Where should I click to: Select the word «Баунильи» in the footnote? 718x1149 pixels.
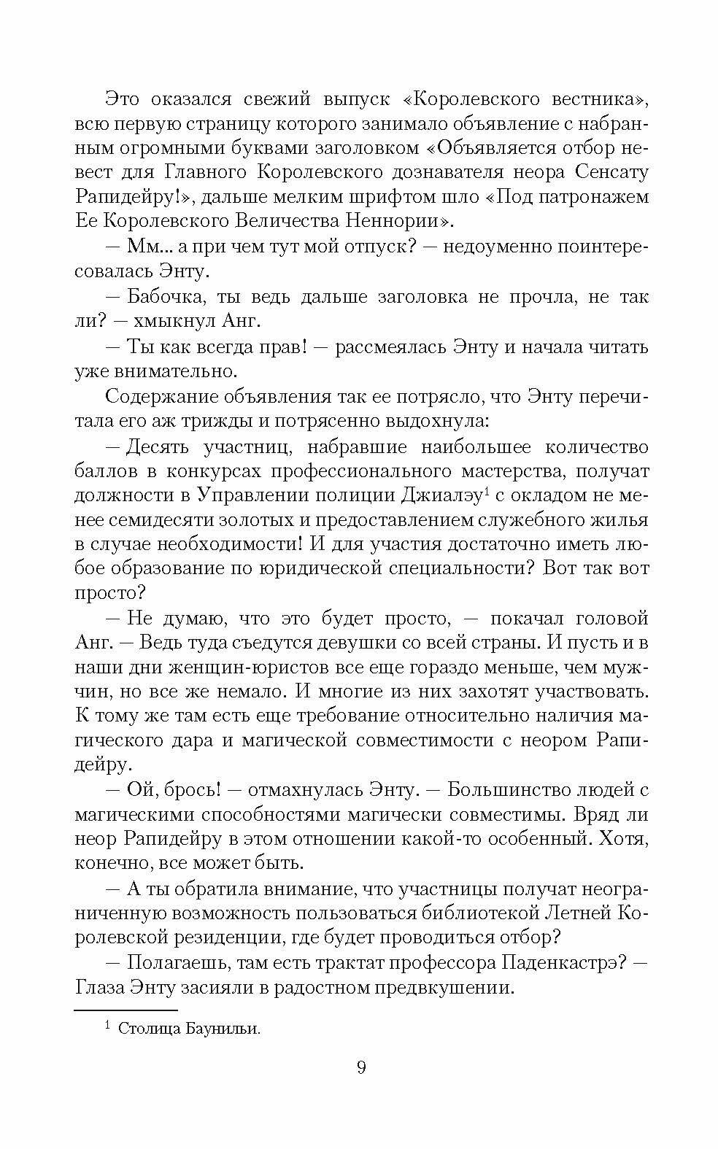pyautogui.click(x=220, y=1029)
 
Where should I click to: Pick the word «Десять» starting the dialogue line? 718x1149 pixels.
pyautogui.click(x=158, y=446)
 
